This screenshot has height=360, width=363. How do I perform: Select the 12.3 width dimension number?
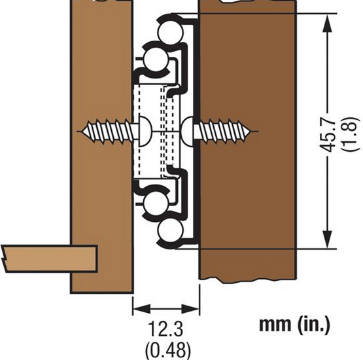165,329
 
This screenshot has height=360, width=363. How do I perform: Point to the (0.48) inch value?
168,350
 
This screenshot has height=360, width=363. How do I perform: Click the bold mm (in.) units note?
294,325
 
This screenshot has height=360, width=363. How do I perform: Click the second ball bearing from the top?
156,60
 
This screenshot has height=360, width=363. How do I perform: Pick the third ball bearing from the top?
156,203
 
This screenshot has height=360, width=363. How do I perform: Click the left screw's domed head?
145,132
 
